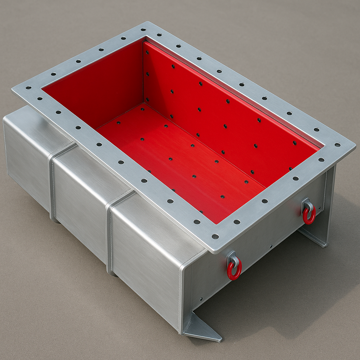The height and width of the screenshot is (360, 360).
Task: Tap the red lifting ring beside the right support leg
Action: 309,216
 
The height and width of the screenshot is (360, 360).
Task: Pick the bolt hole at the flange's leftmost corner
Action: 28,88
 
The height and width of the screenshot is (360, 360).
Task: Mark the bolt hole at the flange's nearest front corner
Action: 215,237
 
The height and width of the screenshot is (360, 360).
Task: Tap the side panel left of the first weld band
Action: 26,155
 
